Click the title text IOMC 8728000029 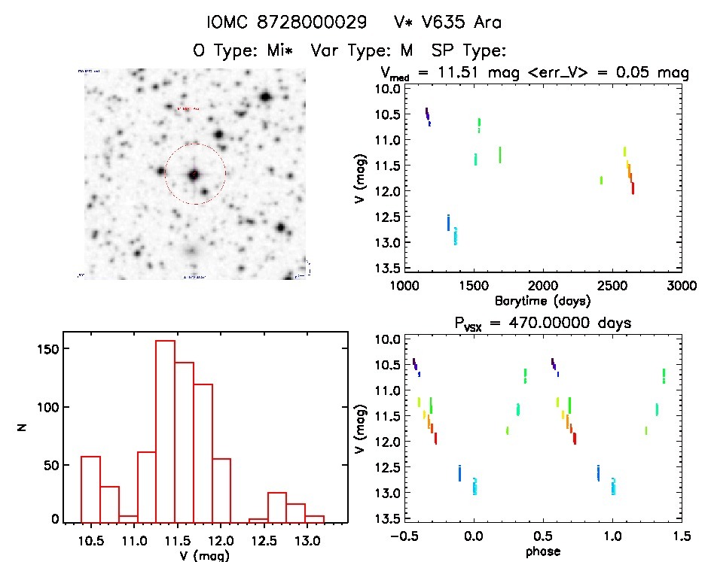tap(288, 23)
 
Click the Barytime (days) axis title tap(542, 300)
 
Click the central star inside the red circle tap(194, 174)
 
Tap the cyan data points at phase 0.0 tap(475, 487)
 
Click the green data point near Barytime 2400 tap(601, 180)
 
